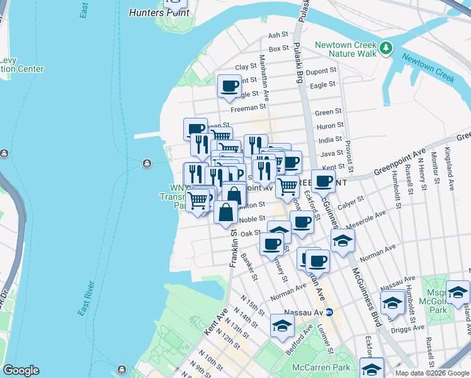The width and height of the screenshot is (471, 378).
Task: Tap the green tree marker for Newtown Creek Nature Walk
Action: [x=385, y=47]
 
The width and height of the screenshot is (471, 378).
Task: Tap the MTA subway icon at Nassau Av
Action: [x=329, y=311]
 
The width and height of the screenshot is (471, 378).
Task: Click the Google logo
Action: [x=21, y=370]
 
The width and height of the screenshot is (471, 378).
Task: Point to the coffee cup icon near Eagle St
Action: [x=229, y=85]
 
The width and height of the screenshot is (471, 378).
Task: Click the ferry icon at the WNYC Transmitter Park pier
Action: [x=147, y=164]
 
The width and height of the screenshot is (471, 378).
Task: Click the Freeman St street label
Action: [x=244, y=108]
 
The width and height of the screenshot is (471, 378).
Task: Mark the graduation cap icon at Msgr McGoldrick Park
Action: [x=458, y=291]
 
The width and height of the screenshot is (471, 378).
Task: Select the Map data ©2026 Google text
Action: [x=431, y=372]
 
